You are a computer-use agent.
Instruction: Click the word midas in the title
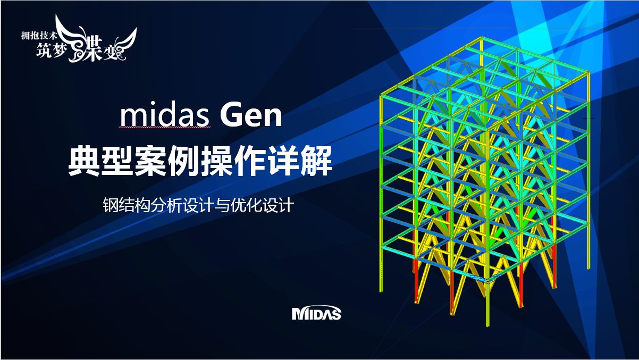point(165,116)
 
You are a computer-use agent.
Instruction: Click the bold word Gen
point(251,116)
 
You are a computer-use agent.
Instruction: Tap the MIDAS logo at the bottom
point(316,313)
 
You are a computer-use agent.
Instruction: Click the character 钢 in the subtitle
point(110,205)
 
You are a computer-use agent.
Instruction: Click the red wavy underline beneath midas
point(165,128)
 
